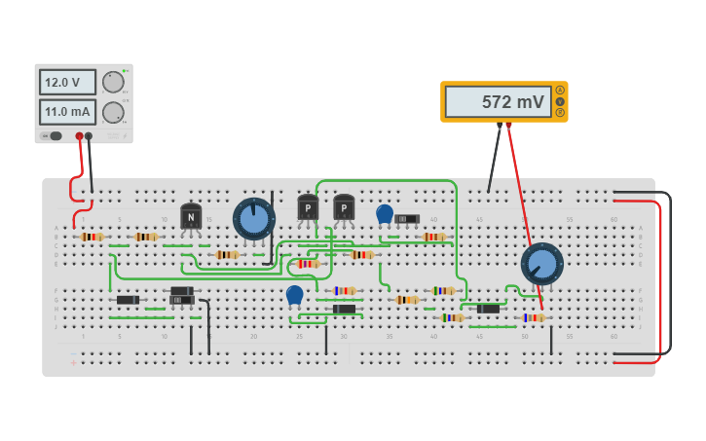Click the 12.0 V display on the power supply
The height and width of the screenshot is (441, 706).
67,82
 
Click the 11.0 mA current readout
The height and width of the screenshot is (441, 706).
67,112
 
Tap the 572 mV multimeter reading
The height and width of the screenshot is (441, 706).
498,101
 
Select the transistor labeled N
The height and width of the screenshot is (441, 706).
191,216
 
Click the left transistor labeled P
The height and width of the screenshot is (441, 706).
308,207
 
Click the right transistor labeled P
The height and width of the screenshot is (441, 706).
344,207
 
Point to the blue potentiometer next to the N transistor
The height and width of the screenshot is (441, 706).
254,219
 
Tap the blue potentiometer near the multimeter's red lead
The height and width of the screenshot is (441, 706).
541,264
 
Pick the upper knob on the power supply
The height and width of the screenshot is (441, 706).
114,82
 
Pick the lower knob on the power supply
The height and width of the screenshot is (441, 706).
114,112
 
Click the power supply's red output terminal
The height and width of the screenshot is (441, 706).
80,136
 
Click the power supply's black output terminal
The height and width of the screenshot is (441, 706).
89,136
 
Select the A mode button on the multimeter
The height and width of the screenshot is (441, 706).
560,91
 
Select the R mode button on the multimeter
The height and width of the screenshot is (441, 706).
560,112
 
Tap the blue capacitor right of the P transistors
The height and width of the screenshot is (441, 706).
385,213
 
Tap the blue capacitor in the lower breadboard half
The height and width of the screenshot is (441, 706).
294,294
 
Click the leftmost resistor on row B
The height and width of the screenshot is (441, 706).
92,237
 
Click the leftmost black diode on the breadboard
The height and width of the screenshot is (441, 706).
128,300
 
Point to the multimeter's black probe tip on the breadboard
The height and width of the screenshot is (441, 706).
489,191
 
